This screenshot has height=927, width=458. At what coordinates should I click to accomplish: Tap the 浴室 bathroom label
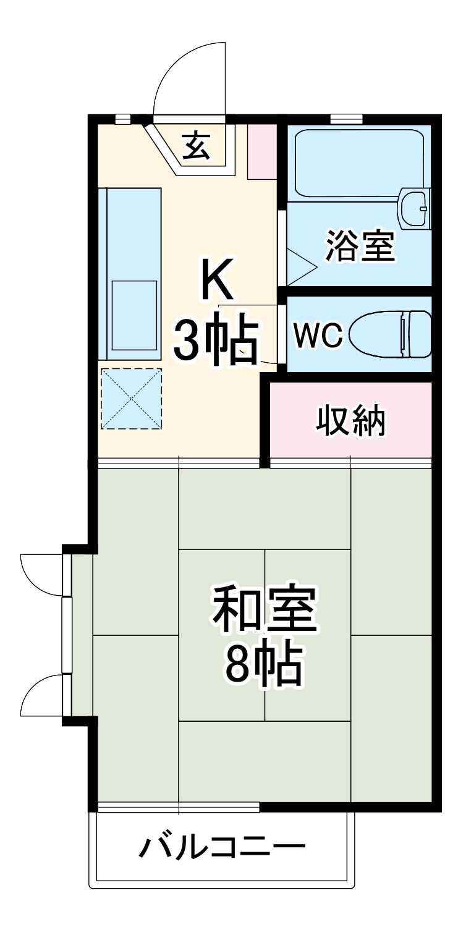(x=360, y=245)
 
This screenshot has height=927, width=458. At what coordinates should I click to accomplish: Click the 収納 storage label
(x=351, y=421)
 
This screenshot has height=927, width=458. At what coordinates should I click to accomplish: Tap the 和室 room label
(x=263, y=609)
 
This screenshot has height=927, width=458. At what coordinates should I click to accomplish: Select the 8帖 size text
(x=263, y=665)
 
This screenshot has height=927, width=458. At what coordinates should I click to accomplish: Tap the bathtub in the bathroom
(x=358, y=162)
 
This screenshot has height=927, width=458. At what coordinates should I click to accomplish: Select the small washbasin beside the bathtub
(x=413, y=209)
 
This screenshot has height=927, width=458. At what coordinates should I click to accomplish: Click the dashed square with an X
(x=131, y=399)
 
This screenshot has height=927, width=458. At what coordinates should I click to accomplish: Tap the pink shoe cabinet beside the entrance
(x=261, y=151)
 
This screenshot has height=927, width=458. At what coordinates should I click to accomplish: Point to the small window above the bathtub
(x=346, y=118)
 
